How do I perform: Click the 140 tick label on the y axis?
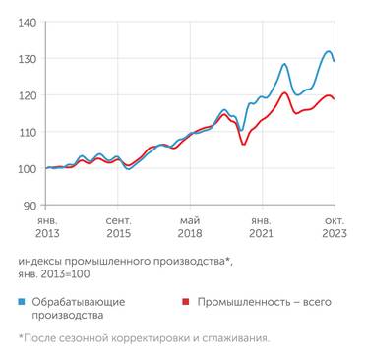pos(29,22)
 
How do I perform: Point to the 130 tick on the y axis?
pos(29,58)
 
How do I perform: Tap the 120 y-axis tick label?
pos(29,95)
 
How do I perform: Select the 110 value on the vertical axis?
pos(29,132)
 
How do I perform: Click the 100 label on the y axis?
pos(29,168)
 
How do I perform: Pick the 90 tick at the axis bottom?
pos(31,205)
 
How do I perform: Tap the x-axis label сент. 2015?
pos(118,227)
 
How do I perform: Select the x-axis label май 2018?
pos(191,227)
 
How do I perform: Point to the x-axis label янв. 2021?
pos(262,227)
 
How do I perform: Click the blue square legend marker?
pos(23,299)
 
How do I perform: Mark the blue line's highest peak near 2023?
pos(328,51)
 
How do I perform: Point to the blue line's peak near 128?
pos(284,65)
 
